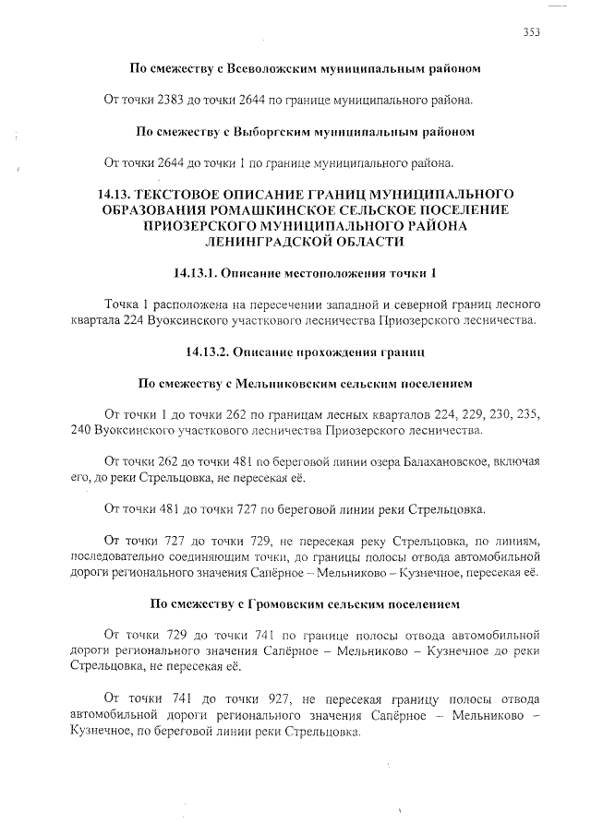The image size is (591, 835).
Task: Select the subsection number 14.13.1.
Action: click(199, 274)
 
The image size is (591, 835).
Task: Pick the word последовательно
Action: click(118, 558)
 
